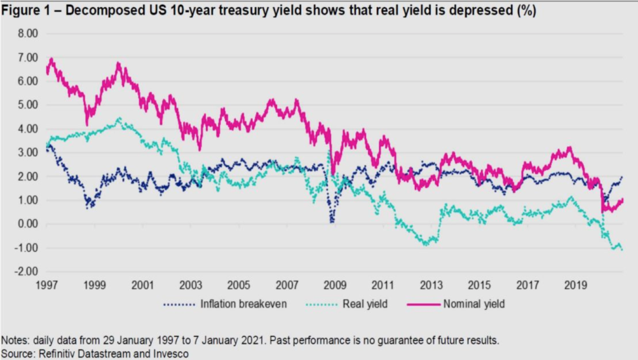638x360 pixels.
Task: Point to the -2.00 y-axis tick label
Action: (x=27, y=271)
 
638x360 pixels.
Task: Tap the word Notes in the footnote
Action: (x=14, y=341)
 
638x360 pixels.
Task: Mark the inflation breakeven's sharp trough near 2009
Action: (x=332, y=221)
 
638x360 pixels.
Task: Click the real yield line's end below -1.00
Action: (x=622, y=249)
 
